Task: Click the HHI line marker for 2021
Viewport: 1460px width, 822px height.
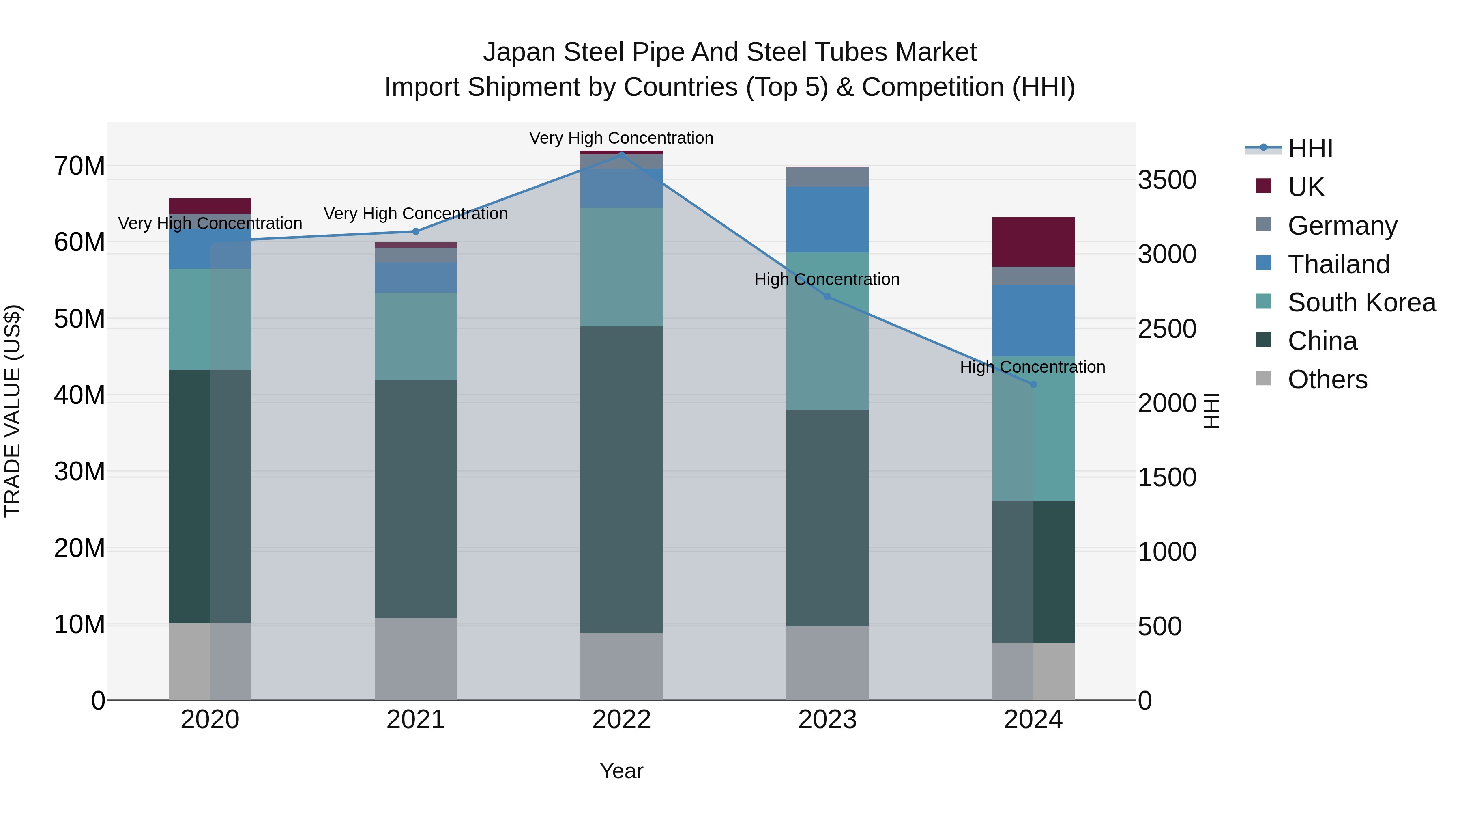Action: [x=415, y=231]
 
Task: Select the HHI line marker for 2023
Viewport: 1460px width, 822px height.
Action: [x=827, y=297]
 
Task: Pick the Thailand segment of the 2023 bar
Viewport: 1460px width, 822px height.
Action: [x=827, y=220]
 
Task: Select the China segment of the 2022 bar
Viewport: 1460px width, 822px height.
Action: [x=621, y=479]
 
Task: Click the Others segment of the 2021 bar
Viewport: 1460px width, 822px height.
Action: [x=415, y=659]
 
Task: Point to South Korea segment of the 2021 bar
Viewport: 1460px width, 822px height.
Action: [x=415, y=337]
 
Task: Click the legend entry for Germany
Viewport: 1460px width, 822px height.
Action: [x=1342, y=226]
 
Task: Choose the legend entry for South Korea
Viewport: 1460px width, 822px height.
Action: [x=1361, y=302]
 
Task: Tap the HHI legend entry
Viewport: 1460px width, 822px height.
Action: [x=1310, y=149]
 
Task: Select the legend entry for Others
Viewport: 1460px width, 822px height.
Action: [x=1327, y=380]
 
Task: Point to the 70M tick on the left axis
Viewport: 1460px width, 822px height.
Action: [x=79, y=166]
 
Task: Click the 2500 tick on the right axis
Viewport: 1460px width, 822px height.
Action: [x=1167, y=329]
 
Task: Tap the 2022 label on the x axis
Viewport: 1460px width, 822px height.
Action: [x=621, y=720]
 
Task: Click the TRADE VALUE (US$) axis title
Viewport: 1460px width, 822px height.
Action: [x=13, y=411]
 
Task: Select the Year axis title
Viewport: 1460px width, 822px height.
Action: [x=621, y=771]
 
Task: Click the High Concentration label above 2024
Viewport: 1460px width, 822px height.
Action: [x=1032, y=367]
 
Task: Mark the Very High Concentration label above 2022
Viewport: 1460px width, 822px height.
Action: [x=621, y=138]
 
